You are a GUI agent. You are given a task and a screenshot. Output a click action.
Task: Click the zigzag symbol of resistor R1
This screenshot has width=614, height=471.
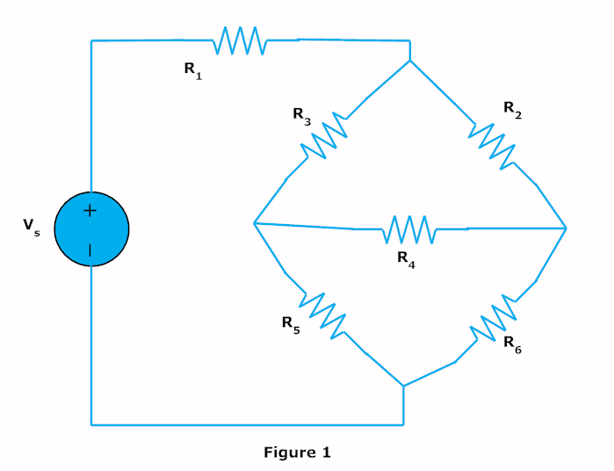239,40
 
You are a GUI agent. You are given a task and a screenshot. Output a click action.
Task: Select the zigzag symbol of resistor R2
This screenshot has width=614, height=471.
492,142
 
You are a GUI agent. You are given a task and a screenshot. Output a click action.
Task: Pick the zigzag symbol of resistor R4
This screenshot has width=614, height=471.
408,228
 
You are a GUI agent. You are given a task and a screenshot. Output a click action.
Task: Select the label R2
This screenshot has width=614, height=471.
513,109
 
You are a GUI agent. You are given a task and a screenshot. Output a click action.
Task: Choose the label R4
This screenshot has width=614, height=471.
405,259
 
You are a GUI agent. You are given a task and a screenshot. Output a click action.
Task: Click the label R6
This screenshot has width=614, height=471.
513,345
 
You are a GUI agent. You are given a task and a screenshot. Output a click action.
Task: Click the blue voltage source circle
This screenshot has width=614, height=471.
91,229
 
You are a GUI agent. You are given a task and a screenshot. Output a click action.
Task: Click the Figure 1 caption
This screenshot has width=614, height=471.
297,453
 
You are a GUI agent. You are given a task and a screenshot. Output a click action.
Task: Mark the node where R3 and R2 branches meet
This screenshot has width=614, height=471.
410,62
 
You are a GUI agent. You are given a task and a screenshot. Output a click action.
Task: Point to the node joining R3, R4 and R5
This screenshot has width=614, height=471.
253,223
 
